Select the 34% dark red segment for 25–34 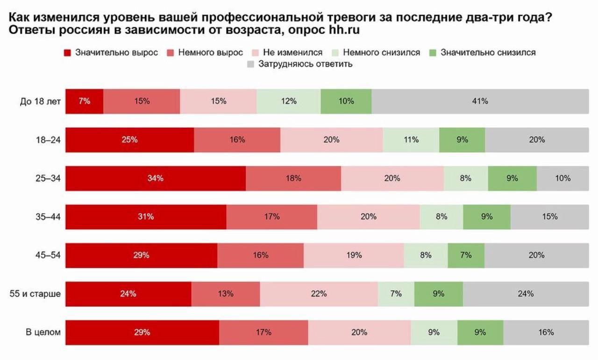click(156, 178)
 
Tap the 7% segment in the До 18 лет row click(84, 101)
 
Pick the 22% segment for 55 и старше click(319, 294)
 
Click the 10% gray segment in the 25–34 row click(562, 178)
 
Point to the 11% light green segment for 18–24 click(411, 140)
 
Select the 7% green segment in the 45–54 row click(466, 255)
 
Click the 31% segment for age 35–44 click(146, 217)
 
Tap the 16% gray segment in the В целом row click(546, 332)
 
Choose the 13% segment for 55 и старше click(226, 294)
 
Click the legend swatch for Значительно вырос click(67, 52)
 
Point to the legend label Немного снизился click(381, 52)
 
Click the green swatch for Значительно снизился click(433, 52)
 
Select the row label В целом click(43, 332)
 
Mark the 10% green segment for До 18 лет click(346, 101)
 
